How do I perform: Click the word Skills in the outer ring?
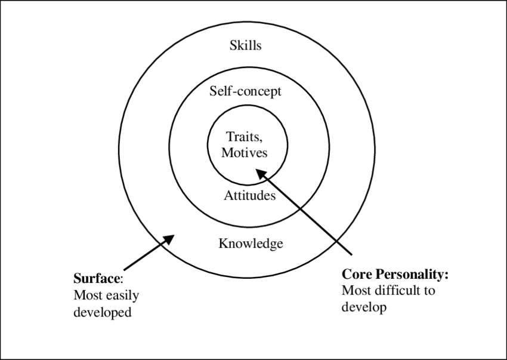(245, 45)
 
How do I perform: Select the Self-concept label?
(245, 92)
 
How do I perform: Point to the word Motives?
(245, 153)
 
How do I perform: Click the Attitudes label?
(250, 195)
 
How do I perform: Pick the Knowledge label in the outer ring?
(251, 244)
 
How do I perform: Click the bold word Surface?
(97, 278)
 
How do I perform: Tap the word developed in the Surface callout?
(102, 312)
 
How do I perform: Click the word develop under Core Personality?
(364, 308)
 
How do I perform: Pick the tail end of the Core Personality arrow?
(351, 253)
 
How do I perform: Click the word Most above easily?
(86, 295)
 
